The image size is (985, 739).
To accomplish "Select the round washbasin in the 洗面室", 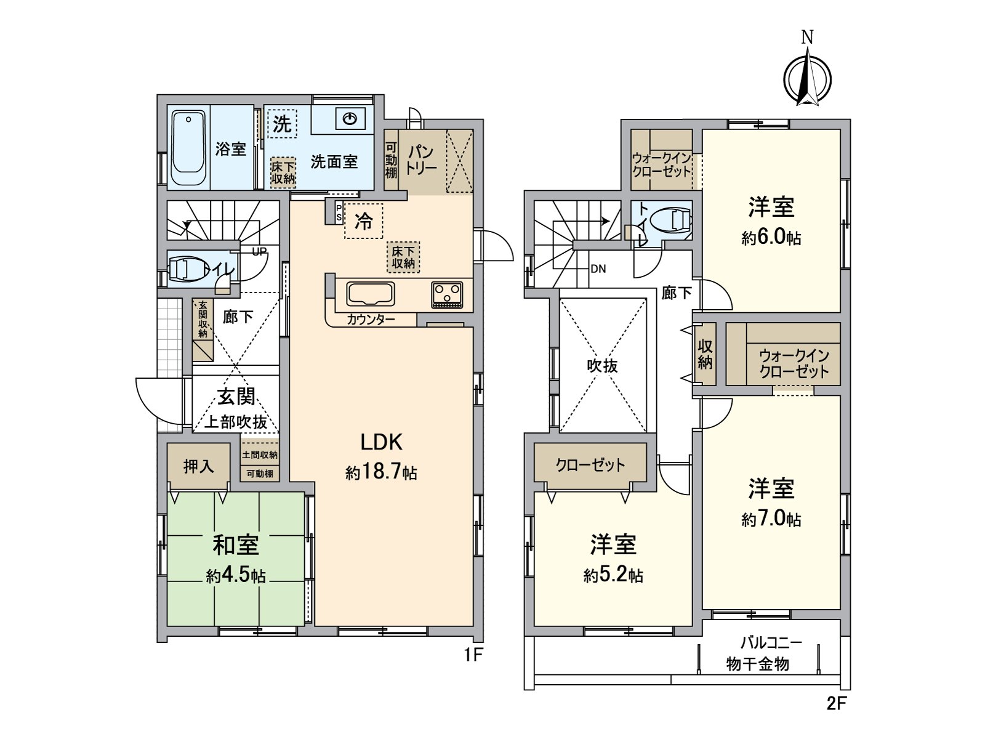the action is coord(349,118).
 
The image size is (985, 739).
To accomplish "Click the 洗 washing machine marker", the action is coord(282,123).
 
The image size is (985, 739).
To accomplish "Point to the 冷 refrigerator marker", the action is coord(364,220).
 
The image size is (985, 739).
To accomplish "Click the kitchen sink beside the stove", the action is coord(370,294).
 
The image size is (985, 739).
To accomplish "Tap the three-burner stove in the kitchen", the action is coord(447,295).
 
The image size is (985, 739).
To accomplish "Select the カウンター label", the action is coord(371,320).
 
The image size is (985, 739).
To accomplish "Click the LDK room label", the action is coord(382,442).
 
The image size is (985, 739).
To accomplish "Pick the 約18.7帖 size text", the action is coord(381,472).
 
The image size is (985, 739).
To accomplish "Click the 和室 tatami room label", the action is coord(236,545).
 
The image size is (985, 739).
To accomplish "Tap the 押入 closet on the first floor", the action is coord(198,467).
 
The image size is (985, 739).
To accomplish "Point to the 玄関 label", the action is coord(236,397).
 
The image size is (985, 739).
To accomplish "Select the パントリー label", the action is coord(421,160).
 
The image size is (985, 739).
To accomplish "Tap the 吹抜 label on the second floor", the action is coord(603,366).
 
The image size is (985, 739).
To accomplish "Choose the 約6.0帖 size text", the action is coord(771,238).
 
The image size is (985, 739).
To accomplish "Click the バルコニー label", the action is coord(771,643).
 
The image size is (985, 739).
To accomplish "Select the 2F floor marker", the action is coord(837,703).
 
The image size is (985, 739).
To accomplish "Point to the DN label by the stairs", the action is coord(598,269).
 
